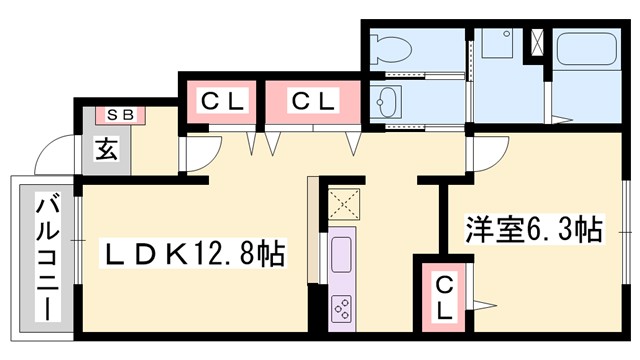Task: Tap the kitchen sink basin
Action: click(x=341, y=255)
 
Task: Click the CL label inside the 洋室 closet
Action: click(x=445, y=298)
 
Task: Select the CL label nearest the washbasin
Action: click(x=313, y=101)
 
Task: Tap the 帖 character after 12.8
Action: click(x=270, y=254)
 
